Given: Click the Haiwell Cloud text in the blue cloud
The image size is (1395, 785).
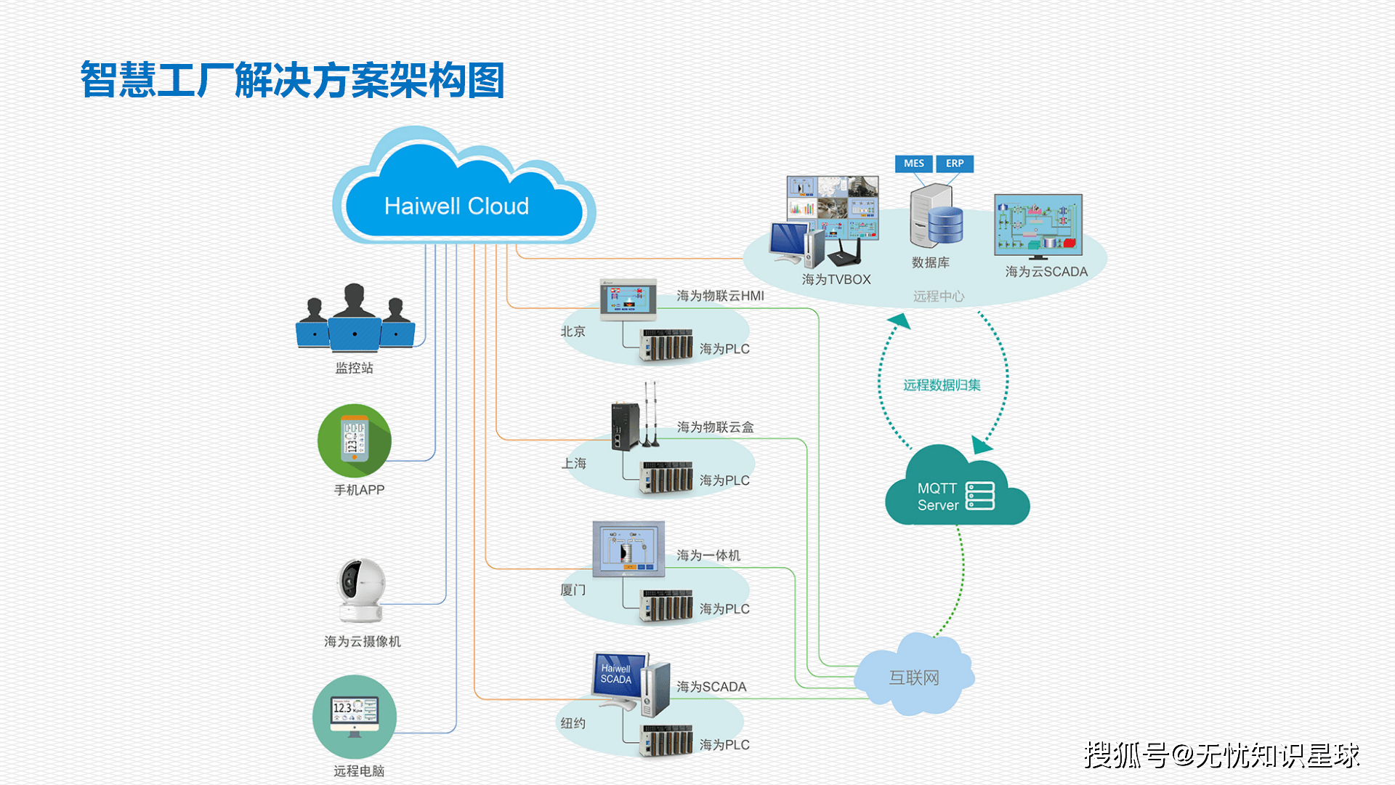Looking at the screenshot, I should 456,206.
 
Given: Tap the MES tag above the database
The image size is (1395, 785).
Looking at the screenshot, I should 913,164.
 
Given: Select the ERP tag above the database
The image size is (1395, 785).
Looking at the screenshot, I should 954,164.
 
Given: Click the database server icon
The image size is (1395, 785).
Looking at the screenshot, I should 936,216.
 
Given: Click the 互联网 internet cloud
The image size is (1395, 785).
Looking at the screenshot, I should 914,677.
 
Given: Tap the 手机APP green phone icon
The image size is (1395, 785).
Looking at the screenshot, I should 355,440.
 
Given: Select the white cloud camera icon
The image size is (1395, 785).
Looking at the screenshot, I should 361,589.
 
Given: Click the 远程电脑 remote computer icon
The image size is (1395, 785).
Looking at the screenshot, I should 355,716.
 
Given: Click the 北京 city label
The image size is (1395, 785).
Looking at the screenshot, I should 573,331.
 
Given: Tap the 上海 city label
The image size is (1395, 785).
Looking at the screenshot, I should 573,463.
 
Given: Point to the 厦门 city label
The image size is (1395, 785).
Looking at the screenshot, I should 573,590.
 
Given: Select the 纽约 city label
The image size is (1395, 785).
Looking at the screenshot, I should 573,723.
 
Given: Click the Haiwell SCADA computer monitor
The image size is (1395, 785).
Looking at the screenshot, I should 620,677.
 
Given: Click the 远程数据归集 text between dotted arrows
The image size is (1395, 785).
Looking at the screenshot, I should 942,385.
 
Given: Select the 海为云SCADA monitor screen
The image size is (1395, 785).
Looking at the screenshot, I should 1038,224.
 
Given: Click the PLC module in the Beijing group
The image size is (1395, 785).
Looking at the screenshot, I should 666,345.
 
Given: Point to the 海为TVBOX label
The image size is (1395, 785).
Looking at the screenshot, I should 836,280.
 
